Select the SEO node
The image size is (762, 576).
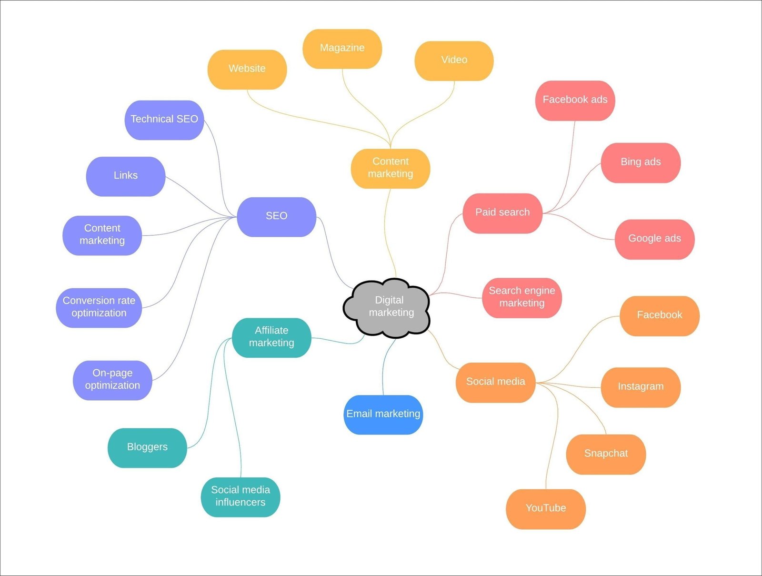click(276, 216)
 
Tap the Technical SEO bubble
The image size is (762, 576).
click(164, 120)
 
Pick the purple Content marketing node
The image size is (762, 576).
click(102, 235)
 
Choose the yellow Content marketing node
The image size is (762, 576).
click(390, 168)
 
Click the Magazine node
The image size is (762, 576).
click(342, 49)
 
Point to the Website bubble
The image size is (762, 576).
click(247, 69)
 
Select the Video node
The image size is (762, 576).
click(454, 61)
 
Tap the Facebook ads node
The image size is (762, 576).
click(575, 100)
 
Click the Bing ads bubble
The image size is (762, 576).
click(641, 162)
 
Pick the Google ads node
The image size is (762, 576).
click(654, 239)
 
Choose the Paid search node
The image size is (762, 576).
click(502, 213)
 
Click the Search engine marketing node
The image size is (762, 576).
click(521, 297)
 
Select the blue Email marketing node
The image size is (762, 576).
click(383, 414)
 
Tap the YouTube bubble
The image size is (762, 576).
click(545, 509)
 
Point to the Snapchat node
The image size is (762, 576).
click(606, 454)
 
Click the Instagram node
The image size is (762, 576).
click(641, 387)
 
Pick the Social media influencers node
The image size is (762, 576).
click(240, 497)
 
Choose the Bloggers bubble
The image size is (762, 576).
click(147, 447)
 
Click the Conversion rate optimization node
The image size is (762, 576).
click(99, 307)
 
